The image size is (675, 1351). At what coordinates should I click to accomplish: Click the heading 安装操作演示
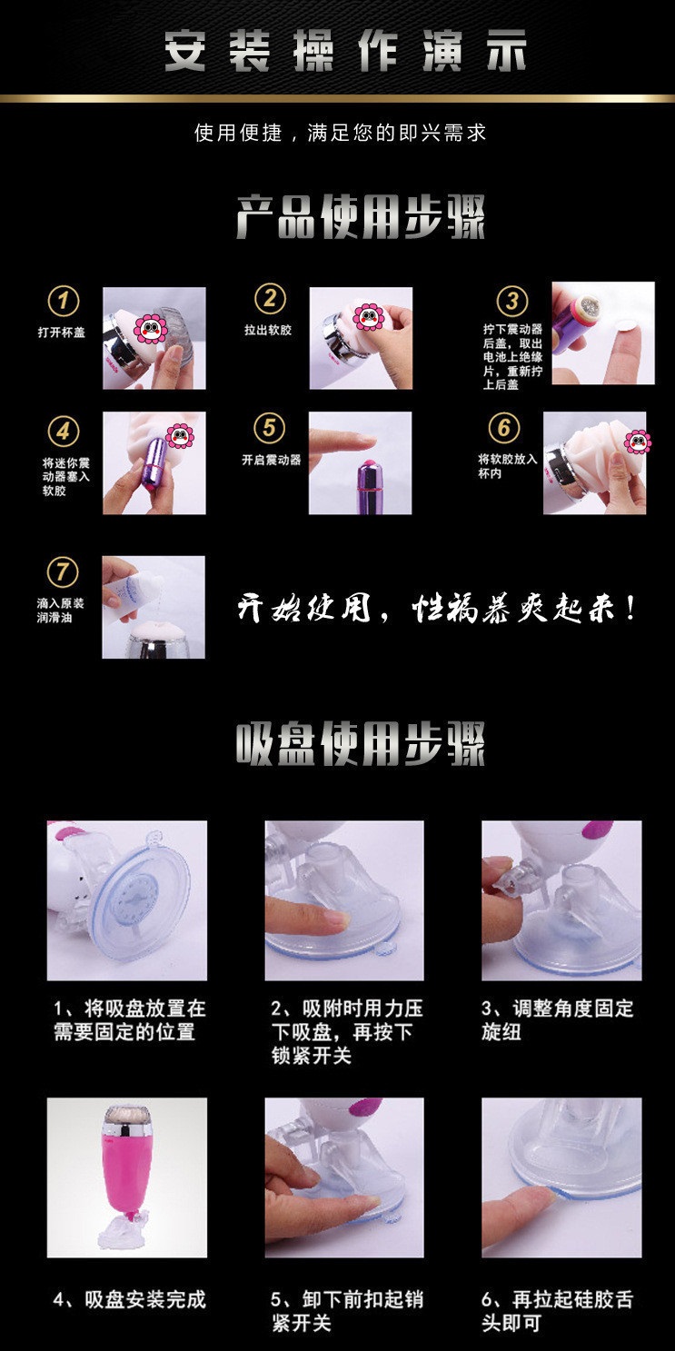pos(345,52)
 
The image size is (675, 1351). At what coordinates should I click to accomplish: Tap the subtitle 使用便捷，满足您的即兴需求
pos(340,133)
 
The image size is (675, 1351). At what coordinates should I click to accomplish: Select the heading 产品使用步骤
pos(361,217)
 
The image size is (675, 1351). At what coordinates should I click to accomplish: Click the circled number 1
pos(64,301)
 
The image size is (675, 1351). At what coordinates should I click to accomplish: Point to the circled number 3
pos(512,301)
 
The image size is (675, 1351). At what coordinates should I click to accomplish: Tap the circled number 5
pos(269,428)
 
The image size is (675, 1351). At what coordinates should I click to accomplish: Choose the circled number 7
pos(63,571)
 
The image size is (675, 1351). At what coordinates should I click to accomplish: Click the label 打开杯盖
pos(62,333)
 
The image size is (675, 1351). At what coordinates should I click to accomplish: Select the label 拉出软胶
pos(268,330)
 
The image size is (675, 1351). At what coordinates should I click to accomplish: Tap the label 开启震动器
pos(272,461)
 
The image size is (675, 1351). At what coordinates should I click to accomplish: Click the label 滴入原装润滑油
pos(60,610)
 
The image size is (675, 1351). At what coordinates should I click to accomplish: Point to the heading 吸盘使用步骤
pos(361,744)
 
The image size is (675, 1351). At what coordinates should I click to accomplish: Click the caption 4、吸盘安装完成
pos(130,1299)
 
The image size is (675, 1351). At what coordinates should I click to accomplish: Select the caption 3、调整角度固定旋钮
pos(558,1020)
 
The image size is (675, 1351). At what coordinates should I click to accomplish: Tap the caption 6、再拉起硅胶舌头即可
pos(558,1311)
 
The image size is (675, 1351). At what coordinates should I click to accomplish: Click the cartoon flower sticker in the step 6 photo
pos(638,442)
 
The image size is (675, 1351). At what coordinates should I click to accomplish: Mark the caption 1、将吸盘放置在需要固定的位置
pos(130,1020)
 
